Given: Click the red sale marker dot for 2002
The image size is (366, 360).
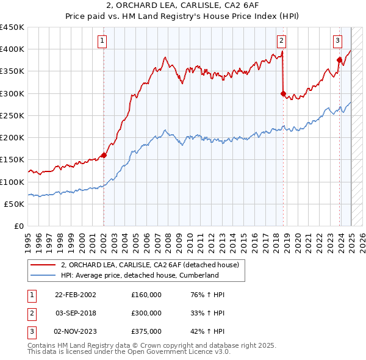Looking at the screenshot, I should pyautogui.click(x=104, y=155).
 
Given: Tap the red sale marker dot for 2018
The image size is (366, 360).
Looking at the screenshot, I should pyautogui.click(x=283, y=93).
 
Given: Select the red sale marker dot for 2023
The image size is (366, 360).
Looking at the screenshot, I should pyautogui.click(x=339, y=60).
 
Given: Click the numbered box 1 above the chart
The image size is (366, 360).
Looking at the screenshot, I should pyautogui.click(x=101, y=41).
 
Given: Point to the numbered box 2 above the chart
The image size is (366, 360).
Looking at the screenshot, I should pyautogui.click(x=281, y=41).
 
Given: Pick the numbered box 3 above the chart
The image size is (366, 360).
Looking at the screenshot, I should pyautogui.click(x=337, y=41).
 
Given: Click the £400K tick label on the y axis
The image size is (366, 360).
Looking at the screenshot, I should pyautogui.click(x=12, y=49).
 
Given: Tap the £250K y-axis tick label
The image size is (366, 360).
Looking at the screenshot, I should pyautogui.click(x=12, y=116).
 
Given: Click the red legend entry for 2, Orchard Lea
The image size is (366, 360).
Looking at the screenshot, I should pyautogui.click(x=152, y=265).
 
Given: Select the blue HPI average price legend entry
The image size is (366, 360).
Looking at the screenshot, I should pyautogui.click(x=139, y=275).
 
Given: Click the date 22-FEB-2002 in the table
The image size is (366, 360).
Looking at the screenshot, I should pyautogui.click(x=76, y=295).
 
